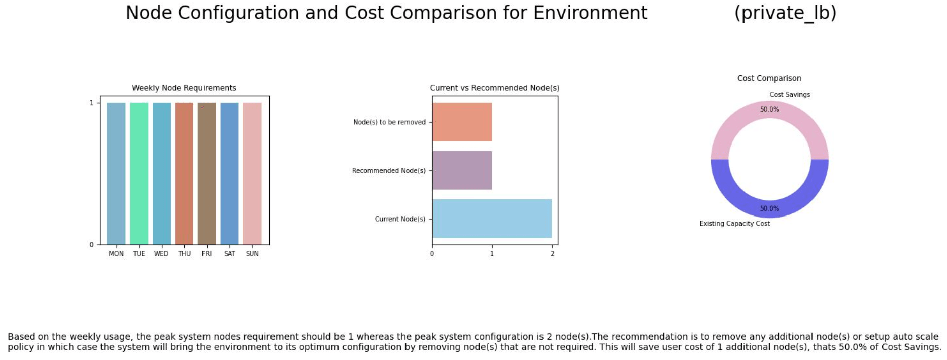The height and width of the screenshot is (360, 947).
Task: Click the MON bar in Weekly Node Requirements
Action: click(116, 174)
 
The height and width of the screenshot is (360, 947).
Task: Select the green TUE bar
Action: click(139, 174)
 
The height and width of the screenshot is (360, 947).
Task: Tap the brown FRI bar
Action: click(207, 174)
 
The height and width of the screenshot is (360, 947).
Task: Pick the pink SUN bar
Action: click(252, 174)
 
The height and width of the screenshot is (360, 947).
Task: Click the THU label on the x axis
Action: click(184, 254)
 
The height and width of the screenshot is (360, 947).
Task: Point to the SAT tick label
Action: click(230, 254)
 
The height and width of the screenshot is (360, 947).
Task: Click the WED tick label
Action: click(161, 254)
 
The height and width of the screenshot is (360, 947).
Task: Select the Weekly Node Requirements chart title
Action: click(184, 88)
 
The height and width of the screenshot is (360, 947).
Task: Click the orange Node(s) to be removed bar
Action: click(462, 122)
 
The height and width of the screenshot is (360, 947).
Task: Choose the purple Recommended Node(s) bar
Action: click(462, 170)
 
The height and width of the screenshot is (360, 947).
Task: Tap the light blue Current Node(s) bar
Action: click(492, 219)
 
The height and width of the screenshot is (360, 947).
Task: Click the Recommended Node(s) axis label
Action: click(388, 171)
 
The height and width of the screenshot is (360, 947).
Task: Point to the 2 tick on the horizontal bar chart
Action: click(552, 254)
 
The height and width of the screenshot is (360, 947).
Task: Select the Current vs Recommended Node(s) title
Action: click(494, 88)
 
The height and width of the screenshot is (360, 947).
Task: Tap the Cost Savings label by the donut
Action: click(789, 95)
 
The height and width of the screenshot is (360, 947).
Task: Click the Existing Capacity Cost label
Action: click(734, 224)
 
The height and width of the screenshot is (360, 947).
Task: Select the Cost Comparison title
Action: click(769, 78)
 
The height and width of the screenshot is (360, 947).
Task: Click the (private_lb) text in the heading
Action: click(785, 13)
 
